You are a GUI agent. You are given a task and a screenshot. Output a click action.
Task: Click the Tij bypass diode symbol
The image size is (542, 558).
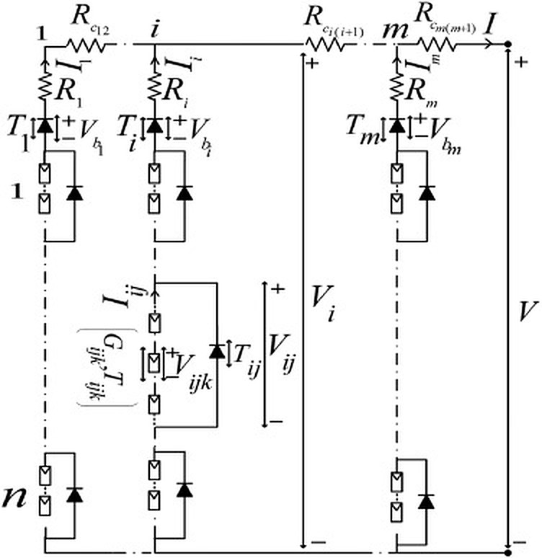point(216,352)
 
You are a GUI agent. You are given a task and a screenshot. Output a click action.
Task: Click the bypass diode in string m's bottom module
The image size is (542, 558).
point(427,498)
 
